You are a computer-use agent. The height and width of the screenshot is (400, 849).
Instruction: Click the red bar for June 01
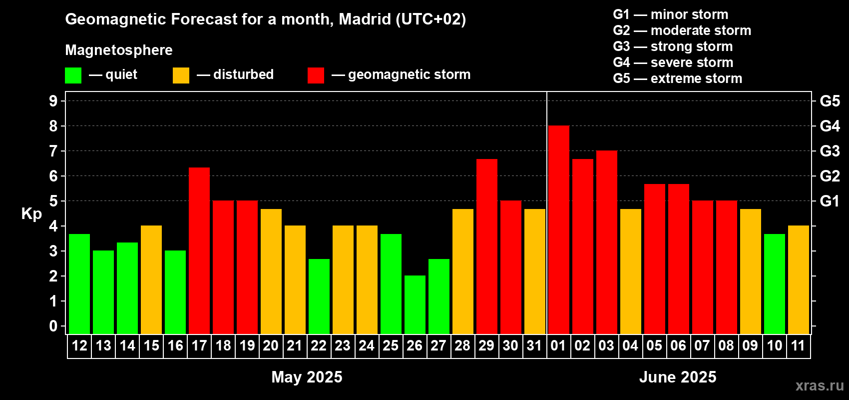tap(558, 230)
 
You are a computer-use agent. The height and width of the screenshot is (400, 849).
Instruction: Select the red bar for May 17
tap(199, 250)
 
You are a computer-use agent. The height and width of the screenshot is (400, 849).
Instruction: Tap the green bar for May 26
tap(415, 304)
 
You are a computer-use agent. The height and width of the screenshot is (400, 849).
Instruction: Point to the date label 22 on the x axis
tap(319, 346)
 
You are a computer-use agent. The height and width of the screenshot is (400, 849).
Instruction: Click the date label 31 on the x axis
tap(534, 346)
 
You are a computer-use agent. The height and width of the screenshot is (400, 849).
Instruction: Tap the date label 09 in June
tap(750, 346)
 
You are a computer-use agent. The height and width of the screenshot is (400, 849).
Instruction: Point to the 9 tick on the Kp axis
tap(53, 101)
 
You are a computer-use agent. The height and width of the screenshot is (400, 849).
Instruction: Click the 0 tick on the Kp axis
tap(53, 326)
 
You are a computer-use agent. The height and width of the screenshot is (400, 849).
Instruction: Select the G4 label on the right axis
tap(830, 126)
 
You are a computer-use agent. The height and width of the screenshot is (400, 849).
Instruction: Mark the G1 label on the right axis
tap(830, 201)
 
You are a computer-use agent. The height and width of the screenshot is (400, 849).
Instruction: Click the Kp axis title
tap(31, 214)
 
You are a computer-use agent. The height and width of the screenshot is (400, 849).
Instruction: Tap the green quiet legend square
tap(73, 75)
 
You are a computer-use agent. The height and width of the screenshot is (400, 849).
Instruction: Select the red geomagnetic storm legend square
tap(316, 75)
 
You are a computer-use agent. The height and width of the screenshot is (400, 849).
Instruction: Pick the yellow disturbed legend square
tap(181, 75)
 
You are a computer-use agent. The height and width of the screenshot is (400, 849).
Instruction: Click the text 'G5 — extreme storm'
tap(677, 78)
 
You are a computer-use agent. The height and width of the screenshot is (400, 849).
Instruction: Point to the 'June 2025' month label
tap(678, 377)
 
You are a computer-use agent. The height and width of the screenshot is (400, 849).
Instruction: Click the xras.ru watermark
tap(820, 385)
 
